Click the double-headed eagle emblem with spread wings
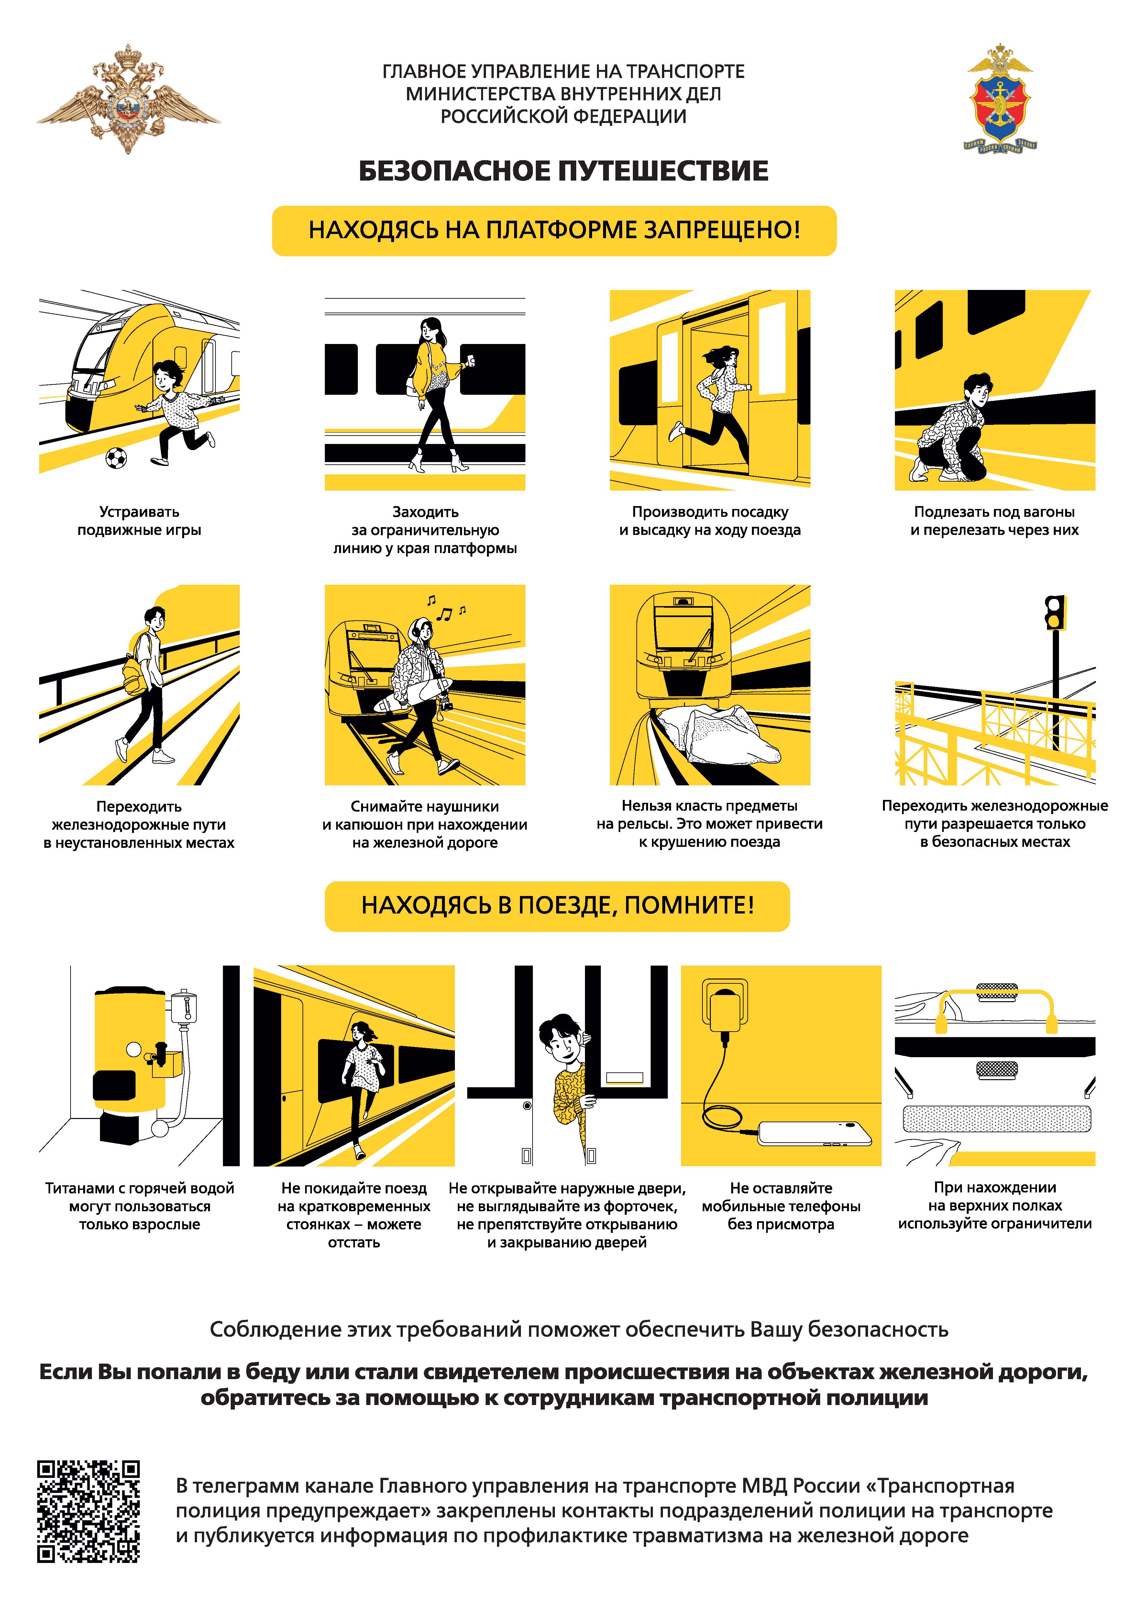pos(128,99)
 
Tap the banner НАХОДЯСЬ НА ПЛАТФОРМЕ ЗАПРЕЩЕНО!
pos(554,231)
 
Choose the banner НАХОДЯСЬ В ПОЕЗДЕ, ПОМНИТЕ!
pos(557,906)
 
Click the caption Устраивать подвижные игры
pos(139,521)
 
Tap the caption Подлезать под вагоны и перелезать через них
pos(995,521)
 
